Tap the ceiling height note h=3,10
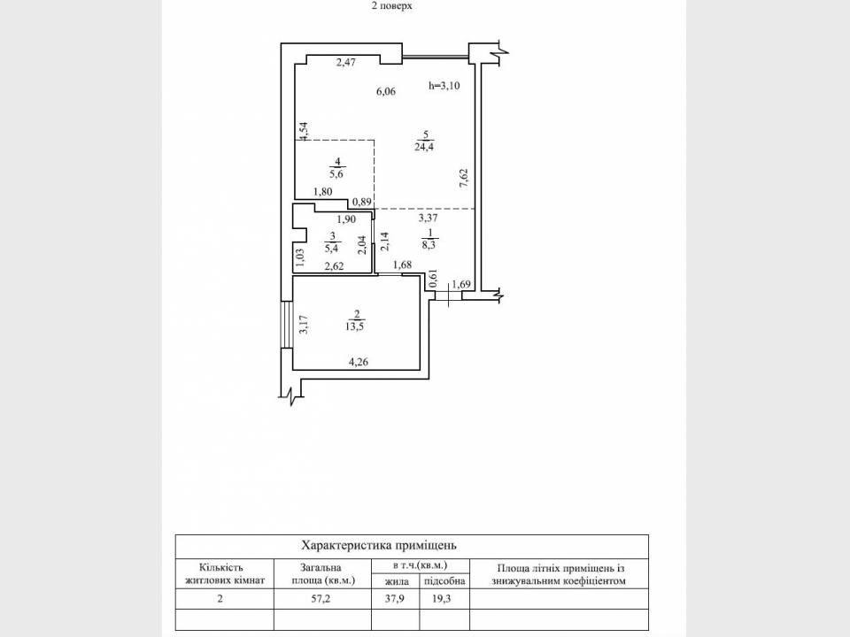[x=445, y=86]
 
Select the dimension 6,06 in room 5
[x=385, y=91]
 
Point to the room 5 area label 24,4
[x=424, y=146]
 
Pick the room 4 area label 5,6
[x=336, y=173]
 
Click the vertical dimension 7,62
[x=463, y=177]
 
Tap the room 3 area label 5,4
[x=332, y=249]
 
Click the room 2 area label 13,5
[x=356, y=325]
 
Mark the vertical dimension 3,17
[x=303, y=325]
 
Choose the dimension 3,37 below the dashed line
[x=429, y=216]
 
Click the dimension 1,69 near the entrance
[x=461, y=284]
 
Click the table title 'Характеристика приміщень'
[x=379, y=546]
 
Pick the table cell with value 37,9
[x=396, y=598]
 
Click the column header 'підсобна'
[x=444, y=581]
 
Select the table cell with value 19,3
[x=444, y=598]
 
